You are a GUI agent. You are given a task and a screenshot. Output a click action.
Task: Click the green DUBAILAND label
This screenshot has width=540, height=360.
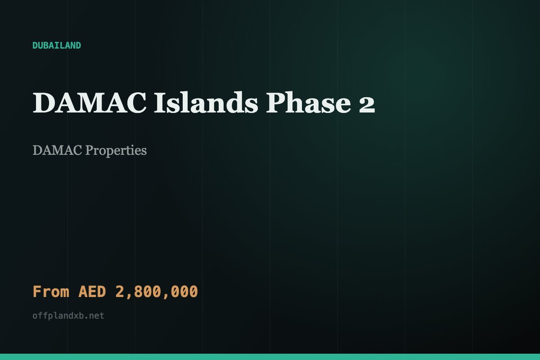[x=57, y=45]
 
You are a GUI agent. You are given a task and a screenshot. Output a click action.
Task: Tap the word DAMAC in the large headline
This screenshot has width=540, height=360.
[x=90, y=103]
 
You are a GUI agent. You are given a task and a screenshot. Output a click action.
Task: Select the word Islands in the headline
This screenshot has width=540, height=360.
[x=206, y=103]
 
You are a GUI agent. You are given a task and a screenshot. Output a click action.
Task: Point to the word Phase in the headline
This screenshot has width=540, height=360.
[x=308, y=103]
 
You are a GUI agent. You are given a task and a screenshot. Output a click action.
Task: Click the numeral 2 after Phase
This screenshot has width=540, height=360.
[x=367, y=104]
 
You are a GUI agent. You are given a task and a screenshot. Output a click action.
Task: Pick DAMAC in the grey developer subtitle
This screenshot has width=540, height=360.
[x=57, y=150]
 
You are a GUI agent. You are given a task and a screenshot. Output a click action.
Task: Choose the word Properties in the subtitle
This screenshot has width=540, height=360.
[x=116, y=151]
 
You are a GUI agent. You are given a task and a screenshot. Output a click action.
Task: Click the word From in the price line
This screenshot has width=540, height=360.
[x=51, y=292]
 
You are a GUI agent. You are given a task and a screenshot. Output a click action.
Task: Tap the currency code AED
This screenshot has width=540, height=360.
[x=92, y=292]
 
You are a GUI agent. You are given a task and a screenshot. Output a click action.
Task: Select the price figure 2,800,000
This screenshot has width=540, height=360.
[x=157, y=292]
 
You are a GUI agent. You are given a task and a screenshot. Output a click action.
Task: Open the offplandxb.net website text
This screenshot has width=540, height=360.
[x=68, y=315]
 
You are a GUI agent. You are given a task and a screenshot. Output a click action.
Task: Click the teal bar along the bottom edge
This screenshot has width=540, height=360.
[x=270, y=357]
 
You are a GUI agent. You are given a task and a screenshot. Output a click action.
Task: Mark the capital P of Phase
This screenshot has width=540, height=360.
[x=275, y=103]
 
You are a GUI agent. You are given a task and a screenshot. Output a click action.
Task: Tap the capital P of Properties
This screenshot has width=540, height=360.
[x=90, y=150]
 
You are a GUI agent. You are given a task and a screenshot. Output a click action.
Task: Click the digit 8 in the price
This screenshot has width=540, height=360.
[x=139, y=292]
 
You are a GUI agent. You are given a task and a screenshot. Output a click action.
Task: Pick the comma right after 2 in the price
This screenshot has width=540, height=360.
[x=129, y=296]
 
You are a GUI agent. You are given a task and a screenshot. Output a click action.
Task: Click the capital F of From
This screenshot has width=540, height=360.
[x=37, y=292]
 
